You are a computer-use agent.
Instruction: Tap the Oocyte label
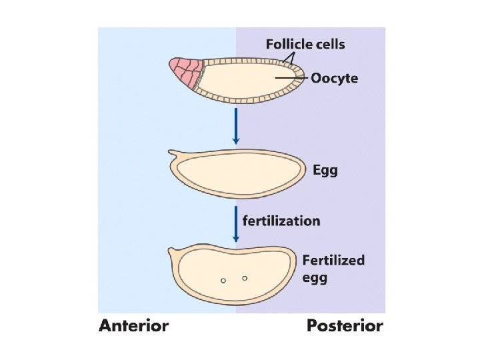tap(335, 79)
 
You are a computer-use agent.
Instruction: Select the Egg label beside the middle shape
tap(325, 170)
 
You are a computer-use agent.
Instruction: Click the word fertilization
tap(281, 220)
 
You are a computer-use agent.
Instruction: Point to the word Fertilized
tap(333, 260)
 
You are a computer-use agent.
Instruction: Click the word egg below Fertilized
tap(315, 278)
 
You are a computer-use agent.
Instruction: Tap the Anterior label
tap(134, 326)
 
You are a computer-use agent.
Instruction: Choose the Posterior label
tap(345, 326)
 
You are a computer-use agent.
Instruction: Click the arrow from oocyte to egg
tap(235, 127)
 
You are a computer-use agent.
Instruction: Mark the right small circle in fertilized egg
tap(245, 277)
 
